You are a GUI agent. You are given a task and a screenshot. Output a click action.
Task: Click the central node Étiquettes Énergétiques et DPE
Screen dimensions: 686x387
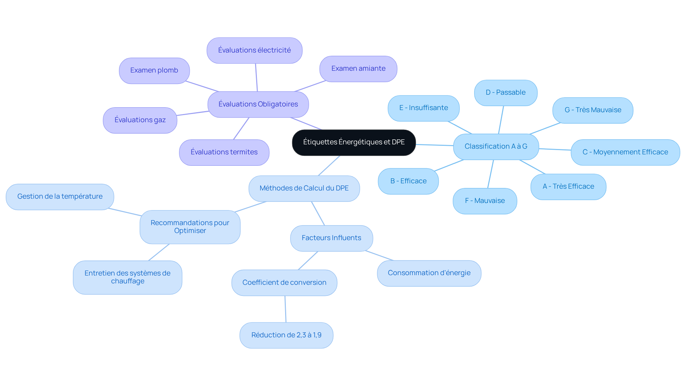[354, 143]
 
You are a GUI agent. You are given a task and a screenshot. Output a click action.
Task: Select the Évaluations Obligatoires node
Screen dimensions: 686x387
[258, 104]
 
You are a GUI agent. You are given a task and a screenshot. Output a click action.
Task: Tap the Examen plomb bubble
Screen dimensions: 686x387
[154, 71]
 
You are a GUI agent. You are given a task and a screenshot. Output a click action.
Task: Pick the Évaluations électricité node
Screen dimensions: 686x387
[254, 50]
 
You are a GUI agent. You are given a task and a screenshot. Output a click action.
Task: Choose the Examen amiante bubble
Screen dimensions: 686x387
[358, 69]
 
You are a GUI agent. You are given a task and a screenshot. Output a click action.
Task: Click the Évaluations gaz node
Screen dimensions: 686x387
[140, 120]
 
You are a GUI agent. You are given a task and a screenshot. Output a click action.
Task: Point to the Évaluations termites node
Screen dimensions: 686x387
[224, 152]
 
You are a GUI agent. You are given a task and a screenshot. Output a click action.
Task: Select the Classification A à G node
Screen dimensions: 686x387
[496, 147]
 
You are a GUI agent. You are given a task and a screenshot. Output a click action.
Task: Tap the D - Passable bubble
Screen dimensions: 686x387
[506, 93]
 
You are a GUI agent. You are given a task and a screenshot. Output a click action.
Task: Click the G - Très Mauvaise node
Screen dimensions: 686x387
[593, 110]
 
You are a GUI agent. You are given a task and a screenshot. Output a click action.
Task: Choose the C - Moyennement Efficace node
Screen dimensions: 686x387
[625, 152]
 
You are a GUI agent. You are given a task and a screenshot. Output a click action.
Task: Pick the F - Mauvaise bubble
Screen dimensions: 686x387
[485, 201]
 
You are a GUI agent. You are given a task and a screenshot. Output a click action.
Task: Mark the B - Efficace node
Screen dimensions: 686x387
[408, 181]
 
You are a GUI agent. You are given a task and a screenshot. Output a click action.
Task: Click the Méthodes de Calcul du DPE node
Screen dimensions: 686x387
[304, 188]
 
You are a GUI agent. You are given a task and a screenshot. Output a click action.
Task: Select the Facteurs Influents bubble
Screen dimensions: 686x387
[332, 238]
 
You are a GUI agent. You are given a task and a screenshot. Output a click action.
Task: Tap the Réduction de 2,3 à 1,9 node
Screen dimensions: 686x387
[286, 335]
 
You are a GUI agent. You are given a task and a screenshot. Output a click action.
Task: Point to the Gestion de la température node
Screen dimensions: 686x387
[60, 197]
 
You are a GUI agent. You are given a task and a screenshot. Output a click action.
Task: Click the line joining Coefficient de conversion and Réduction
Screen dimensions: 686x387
[285, 309]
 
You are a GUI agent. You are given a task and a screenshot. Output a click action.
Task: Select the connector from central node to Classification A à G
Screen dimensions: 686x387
[434, 145]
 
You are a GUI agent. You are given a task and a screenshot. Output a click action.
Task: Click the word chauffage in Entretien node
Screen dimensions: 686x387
[128, 281]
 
